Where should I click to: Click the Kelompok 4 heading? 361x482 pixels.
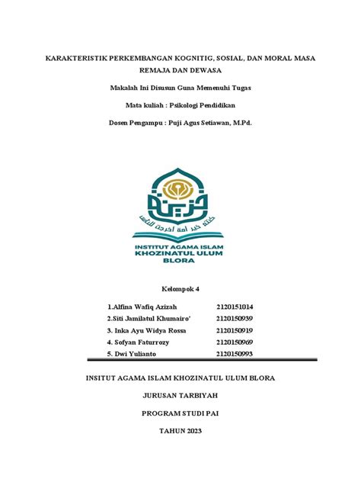180,288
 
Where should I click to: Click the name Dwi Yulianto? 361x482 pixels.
132,354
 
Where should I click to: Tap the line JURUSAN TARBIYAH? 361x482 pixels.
180,397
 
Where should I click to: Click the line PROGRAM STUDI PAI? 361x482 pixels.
180,414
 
